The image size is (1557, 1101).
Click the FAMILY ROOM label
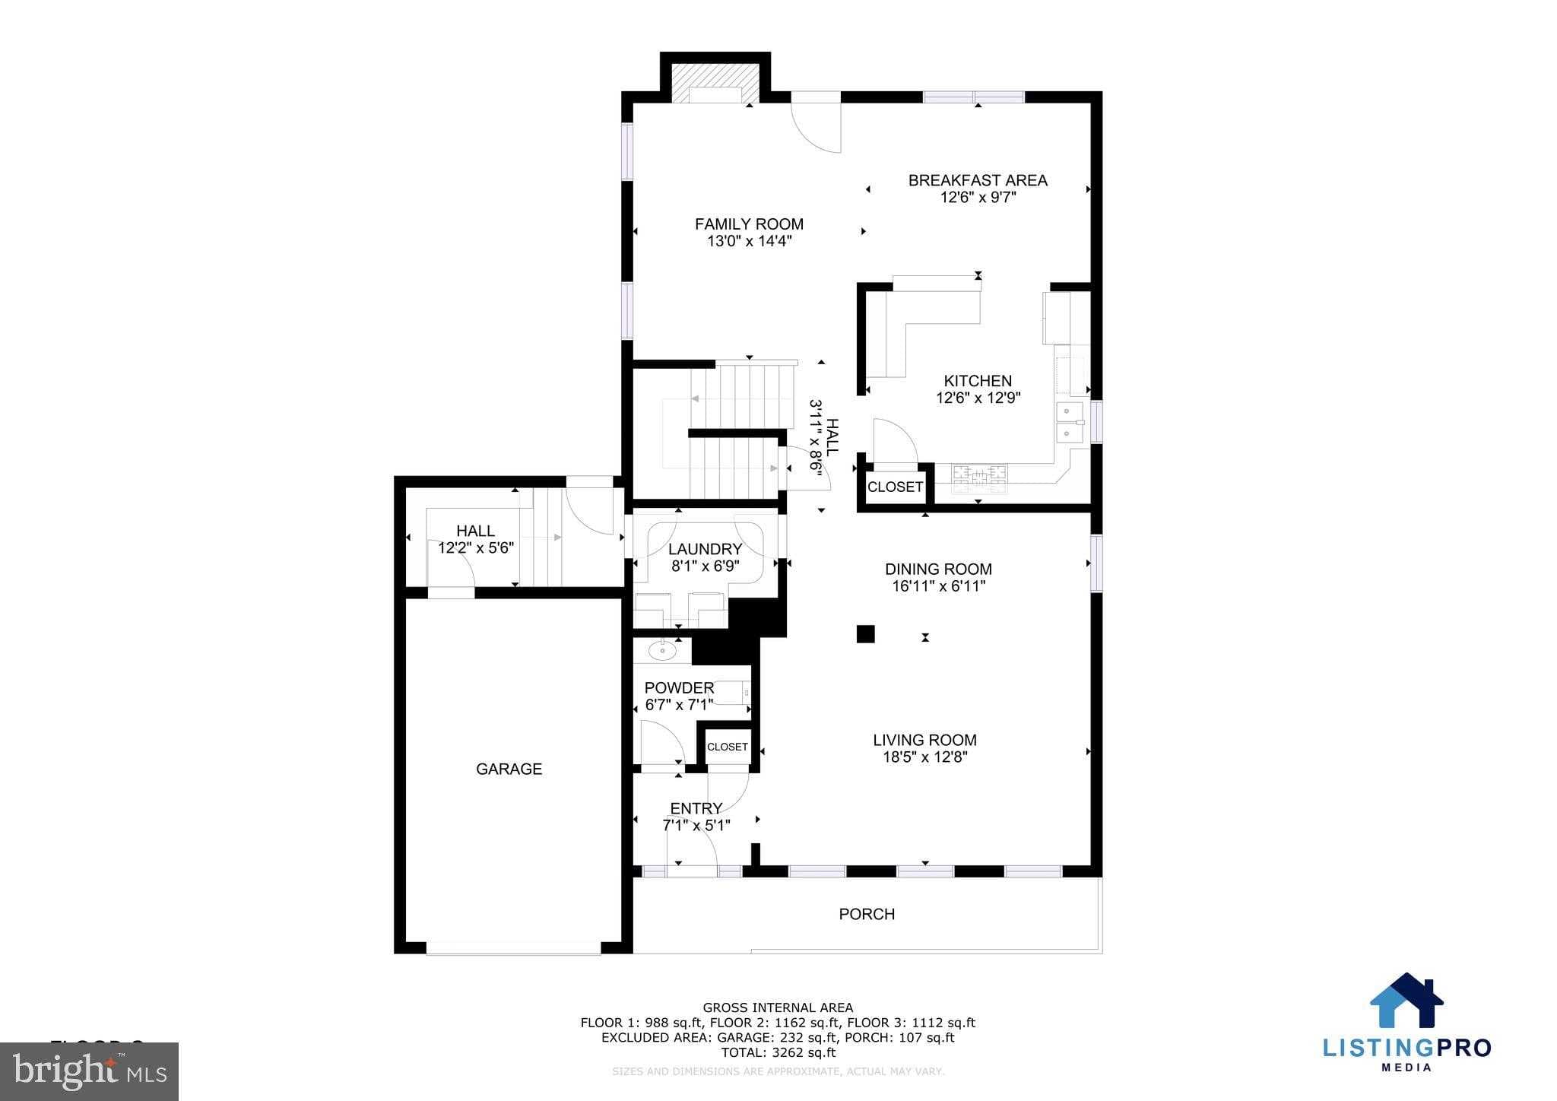click(x=749, y=224)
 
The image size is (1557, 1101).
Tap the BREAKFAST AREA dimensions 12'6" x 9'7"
click(x=978, y=198)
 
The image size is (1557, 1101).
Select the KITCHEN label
click(x=978, y=381)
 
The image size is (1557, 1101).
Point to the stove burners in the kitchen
click(x=981, y=474)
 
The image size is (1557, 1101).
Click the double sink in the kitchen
click(x=1070, y=423)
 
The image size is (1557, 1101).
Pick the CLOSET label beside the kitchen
click(x=895, y=487)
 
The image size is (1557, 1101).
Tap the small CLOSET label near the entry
click(x=728, y=747)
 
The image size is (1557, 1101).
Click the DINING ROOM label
click(x=938, y=569)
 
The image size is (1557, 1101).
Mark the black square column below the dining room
click(x=865, y=634)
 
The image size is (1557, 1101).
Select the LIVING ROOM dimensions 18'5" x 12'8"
click(x=924, y=757)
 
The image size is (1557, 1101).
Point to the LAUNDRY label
click(x=705, y=549)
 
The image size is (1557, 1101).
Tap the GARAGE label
click(x=509, y=769)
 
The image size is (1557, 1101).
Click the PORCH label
click(x=867, y=914)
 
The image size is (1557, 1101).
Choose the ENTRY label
click(x=696, y=808)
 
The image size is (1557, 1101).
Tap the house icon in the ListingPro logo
click(x=1406, y=1001)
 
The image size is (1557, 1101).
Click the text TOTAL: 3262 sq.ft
click(x=778, y=1052)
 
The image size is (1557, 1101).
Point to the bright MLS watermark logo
click(x=90, y=1071)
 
